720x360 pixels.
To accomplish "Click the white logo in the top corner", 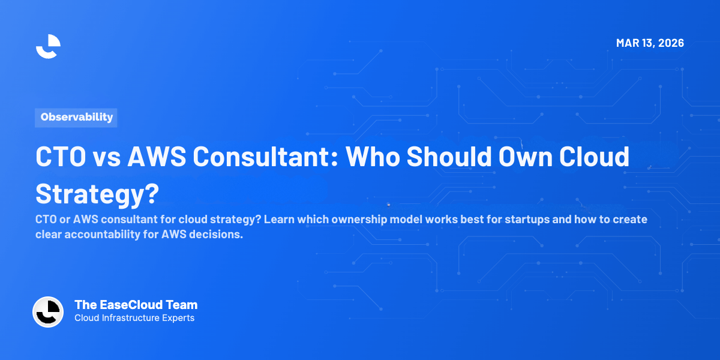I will point(48,46).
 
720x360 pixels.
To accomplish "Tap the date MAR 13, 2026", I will point(650,43).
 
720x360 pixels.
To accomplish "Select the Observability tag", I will point(76,117).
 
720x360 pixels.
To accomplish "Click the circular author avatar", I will point(48,312).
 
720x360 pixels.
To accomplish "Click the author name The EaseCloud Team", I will point(136,305).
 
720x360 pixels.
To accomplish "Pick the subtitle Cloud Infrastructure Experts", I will point(134,318).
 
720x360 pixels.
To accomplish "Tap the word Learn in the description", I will point(277,219).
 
